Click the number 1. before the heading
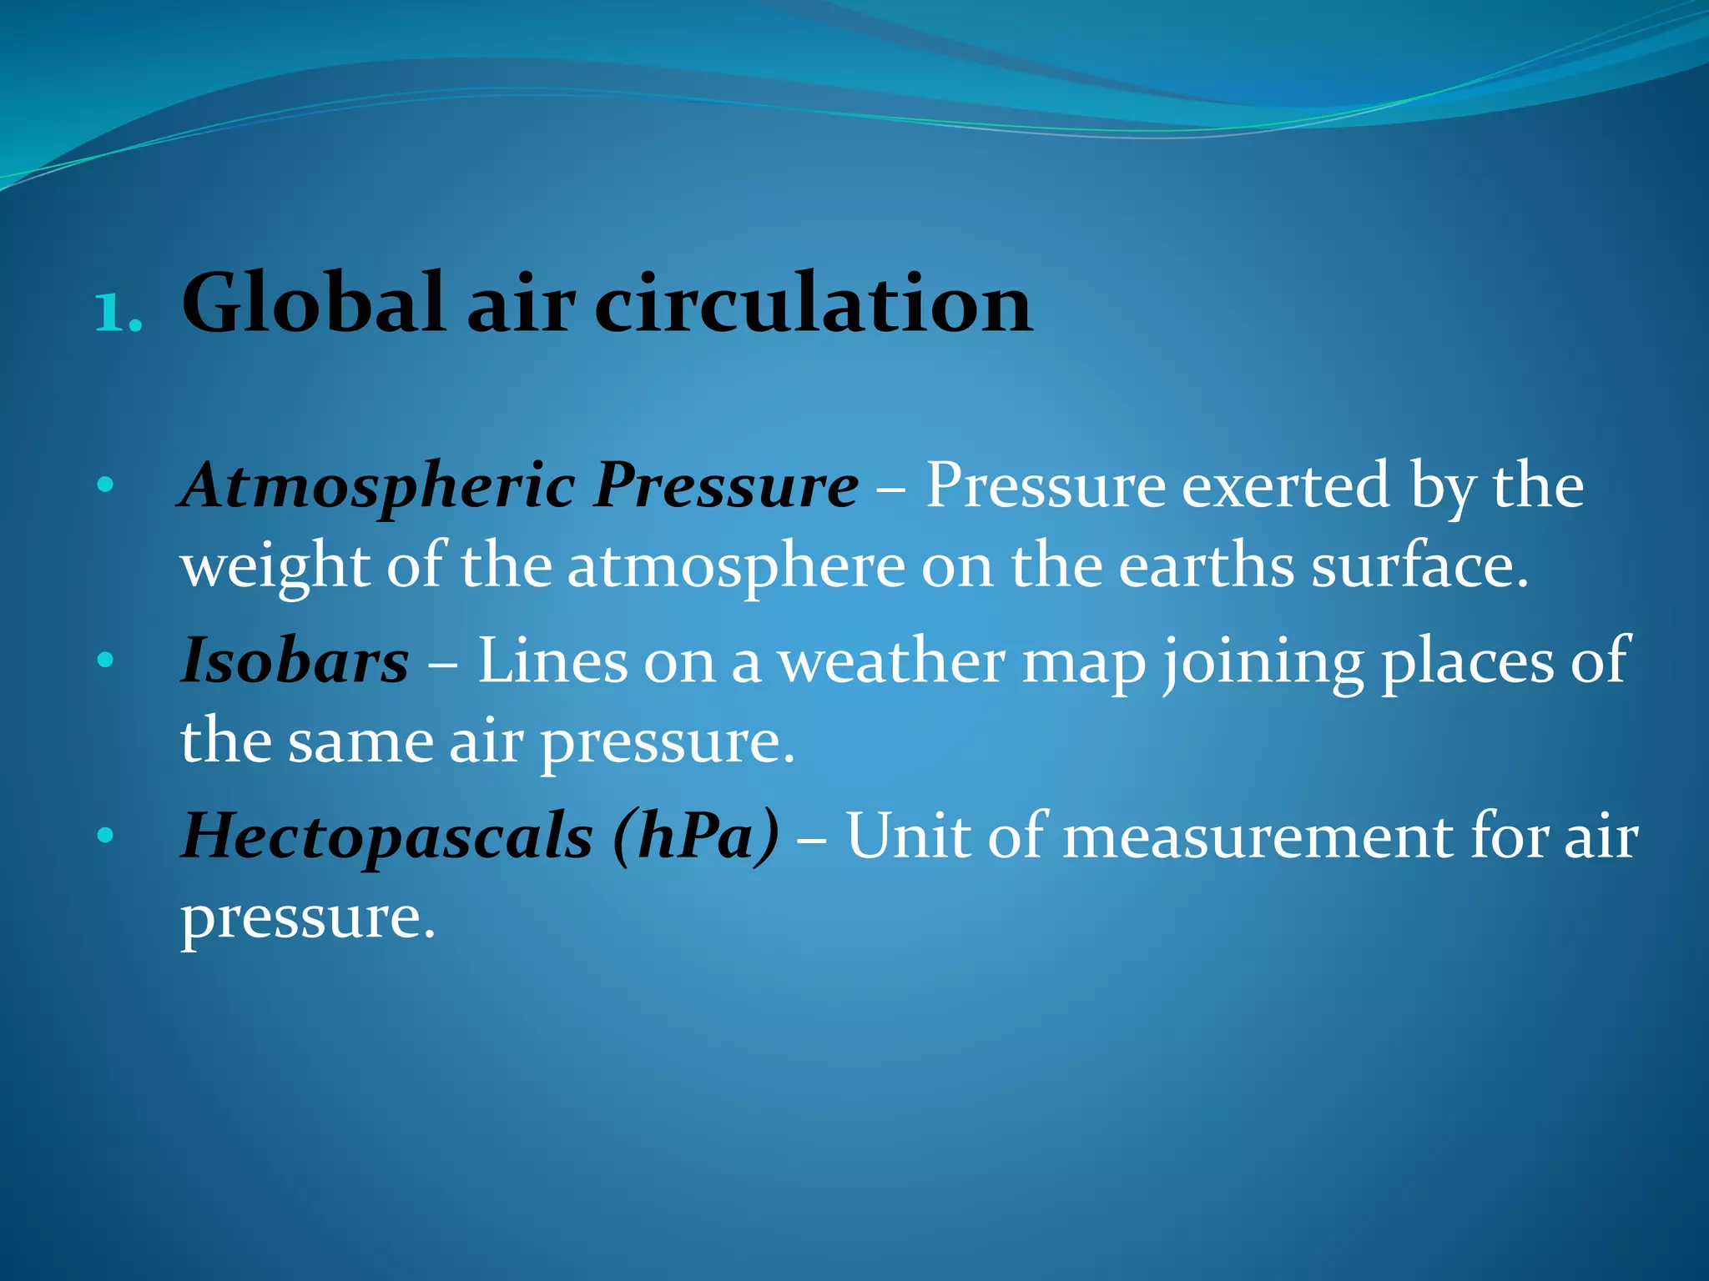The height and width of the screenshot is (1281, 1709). (118, 314)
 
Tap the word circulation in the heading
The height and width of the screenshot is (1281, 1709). (813, 304)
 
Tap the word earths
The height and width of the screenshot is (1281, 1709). (1205, 567)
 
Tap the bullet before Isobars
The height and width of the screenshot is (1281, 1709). (104, 661)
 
